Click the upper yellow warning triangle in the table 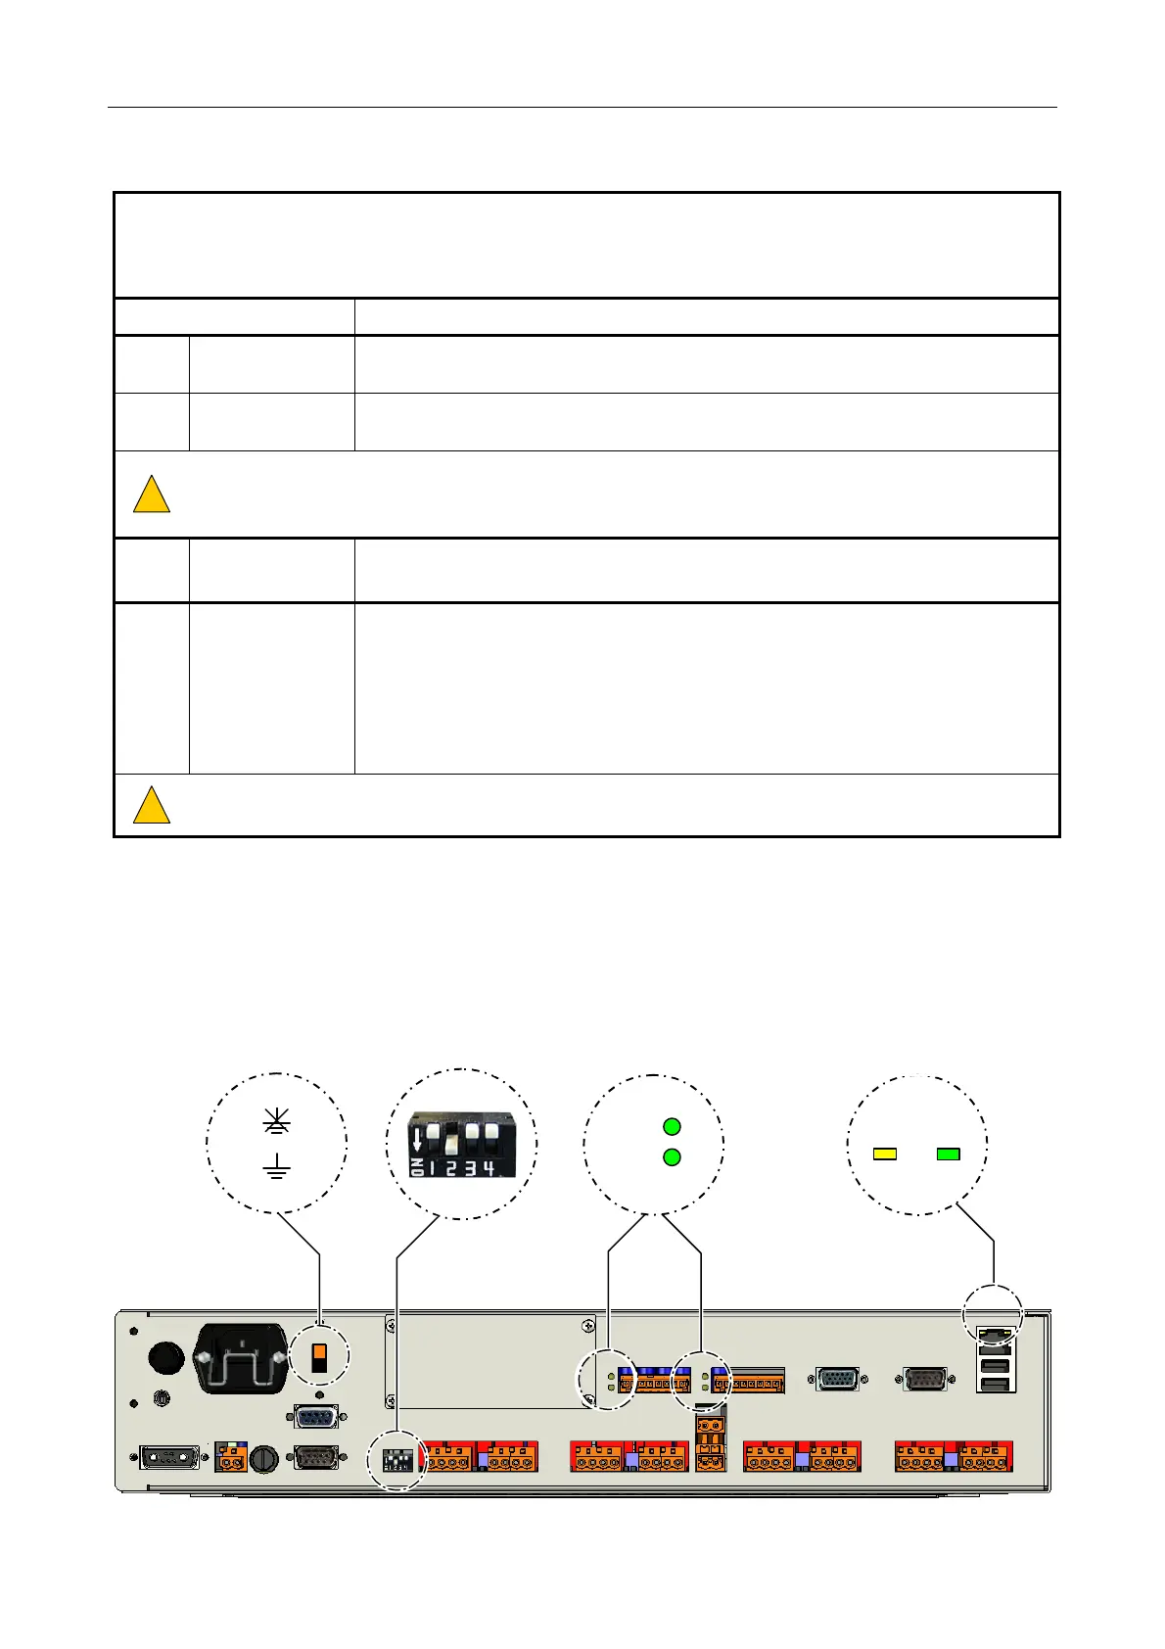pos(151,495)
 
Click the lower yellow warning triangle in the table pos(151,806)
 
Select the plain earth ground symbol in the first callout pos(277,1166)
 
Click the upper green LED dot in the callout pos(672,1127)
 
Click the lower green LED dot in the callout pos(672,1157)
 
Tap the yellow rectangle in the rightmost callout pos(884,1154)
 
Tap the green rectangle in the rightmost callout pos(948,1154)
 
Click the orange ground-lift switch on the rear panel pos(319,1357)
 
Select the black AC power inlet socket pos(241,1358)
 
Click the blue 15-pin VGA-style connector pos(837,1379)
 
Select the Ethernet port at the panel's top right pos(994,1336)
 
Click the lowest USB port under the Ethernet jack pos(994,1384)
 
